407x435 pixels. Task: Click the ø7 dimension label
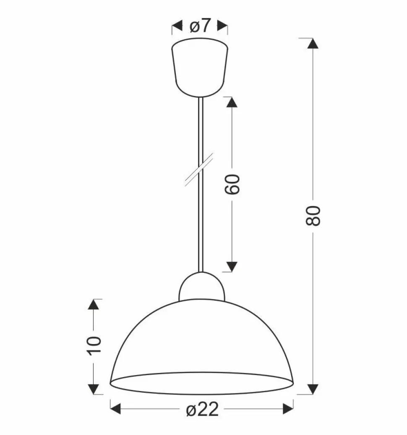[x=199, y=26]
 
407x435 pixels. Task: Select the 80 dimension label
[x=313, y=215]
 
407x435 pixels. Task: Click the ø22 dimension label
[x=202, y=409]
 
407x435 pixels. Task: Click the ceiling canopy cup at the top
[x=200, y=67]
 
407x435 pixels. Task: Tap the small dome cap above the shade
[x=202, y=286]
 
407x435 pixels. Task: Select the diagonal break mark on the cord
[x=199, y=169]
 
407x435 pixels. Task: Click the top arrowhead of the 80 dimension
[x=313, y=44]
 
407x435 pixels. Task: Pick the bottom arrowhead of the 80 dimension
[x=313, y=388]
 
